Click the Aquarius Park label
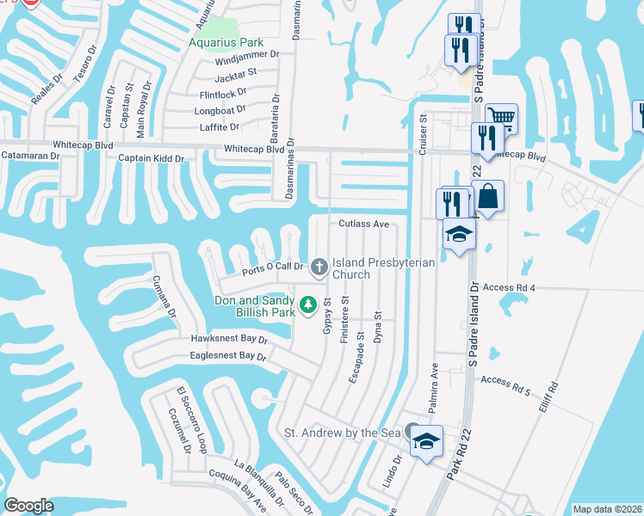[226, 40]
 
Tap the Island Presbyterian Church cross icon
[319, 267]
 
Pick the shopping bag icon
[488, 196]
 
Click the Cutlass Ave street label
[364, 224]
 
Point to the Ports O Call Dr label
[274, 267]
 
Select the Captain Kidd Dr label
[152, 158]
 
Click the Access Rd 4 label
[510, 286]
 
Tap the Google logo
[28, 506]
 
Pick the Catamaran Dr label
[30, 156]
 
